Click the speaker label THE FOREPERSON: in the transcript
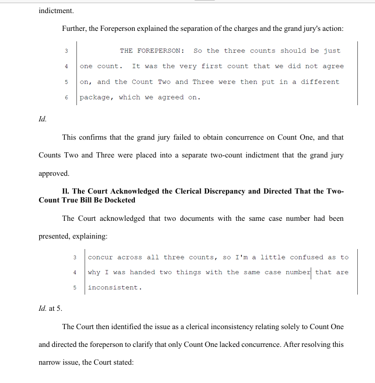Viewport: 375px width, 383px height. coord(151,51)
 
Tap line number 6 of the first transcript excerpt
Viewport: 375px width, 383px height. coord(66,97)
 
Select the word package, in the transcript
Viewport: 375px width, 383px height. coord(97,97)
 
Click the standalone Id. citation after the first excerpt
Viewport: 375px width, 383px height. coord(43,119)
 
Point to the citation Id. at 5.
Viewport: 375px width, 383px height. coord(50,309)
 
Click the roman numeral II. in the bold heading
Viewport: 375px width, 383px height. coord(66,191)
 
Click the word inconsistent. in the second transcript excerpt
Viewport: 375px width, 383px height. coord(115,288)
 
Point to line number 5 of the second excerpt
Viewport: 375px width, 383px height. coord(75,288)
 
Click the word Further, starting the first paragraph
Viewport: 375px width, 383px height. coord(75,28)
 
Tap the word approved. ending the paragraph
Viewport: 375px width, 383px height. coord(54,173)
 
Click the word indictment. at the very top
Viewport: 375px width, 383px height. coord(56,10)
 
